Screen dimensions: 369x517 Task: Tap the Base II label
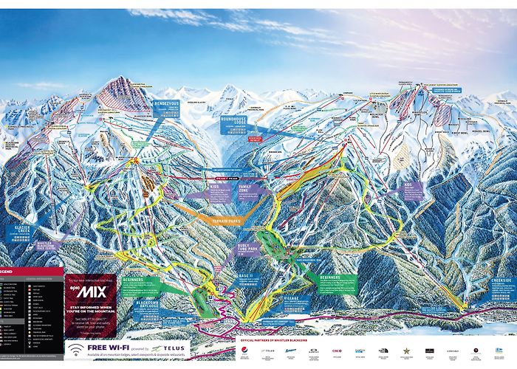(246, 275)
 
